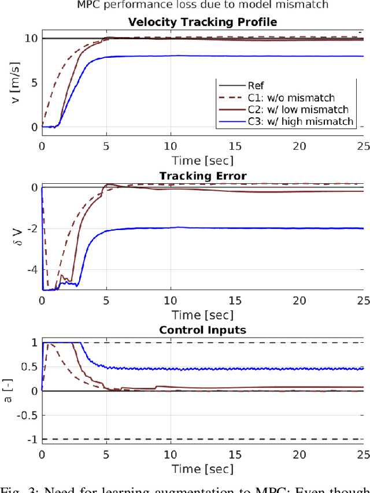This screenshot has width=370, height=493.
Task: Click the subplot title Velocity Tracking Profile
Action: (x=202, y=22)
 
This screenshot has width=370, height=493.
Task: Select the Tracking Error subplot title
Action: (x=202, y=176)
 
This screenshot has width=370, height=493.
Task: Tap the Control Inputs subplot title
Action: (x=202, y=331)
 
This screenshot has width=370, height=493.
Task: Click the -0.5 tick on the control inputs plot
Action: (x=25, y=416)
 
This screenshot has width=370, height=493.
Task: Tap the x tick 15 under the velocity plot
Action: (x=235, y=147)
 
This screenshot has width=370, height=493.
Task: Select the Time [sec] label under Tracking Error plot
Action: (x=202, y=314)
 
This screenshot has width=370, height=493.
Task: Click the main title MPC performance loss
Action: (x=202, y=6)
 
